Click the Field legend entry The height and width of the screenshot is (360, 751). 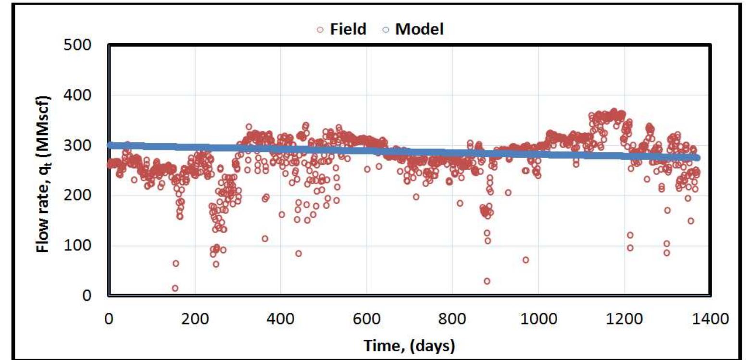tap(342, 29)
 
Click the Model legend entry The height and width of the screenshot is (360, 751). tap(413, 29)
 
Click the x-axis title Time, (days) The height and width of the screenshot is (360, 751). tap(409, 345)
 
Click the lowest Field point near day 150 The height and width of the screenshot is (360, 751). tap(175, 288)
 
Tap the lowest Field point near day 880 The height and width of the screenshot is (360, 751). tap(487, 281)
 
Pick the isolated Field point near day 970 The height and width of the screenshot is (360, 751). tap(526, 260)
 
